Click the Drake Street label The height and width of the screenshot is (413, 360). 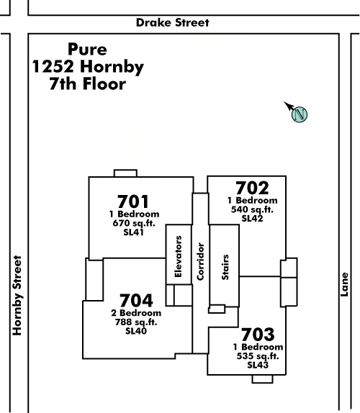(x=173, y=22)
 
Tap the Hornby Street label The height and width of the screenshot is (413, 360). (x=17, y=295)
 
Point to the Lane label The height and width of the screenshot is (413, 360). (x=344, y=284)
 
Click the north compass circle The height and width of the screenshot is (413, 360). (x=300, y=114)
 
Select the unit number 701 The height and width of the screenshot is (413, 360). (x=133, y=201)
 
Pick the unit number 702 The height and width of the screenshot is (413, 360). (x=252, y=188)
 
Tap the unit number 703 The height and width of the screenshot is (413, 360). (x=258, y=335)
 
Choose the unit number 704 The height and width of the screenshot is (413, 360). (x=136, y=301)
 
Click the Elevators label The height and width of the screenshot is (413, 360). (x=179, y=256)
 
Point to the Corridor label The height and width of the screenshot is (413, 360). (x=201, y=261)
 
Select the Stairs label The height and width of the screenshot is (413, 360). (x=225, y=267)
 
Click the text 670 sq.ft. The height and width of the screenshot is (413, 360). (x=134, y=223)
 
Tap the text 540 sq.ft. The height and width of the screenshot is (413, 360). (x=252, y=209)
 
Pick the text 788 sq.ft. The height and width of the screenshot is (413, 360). (x=136, y=322)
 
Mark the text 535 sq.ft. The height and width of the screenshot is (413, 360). (x=258, y=356)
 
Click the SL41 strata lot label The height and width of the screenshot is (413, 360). (x=133, y=232)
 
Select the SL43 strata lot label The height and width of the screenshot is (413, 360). (x=258, y=365)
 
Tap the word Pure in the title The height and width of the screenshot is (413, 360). (x=87, y=49)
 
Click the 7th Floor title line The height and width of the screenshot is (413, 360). (x=88, y=84)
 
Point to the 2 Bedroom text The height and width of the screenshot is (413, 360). (x=136, y=313)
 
